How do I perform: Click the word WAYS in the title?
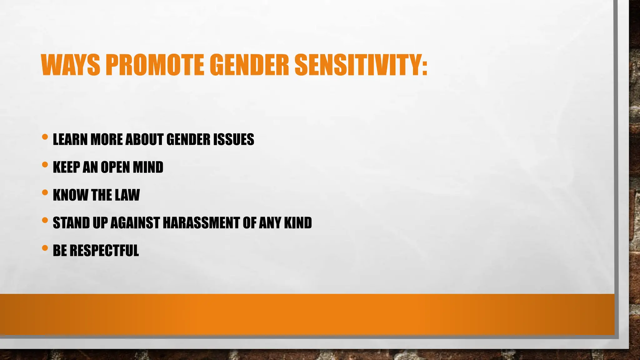(71, 65)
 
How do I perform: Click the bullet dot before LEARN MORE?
(45, 137)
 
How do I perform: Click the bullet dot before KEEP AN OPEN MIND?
(45, 165)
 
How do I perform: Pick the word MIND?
(148, 167)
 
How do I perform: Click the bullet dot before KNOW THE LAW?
(45, 192)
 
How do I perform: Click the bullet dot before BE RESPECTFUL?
(45, 248)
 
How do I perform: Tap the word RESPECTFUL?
(104, 251)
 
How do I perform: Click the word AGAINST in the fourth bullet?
(135, 223)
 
